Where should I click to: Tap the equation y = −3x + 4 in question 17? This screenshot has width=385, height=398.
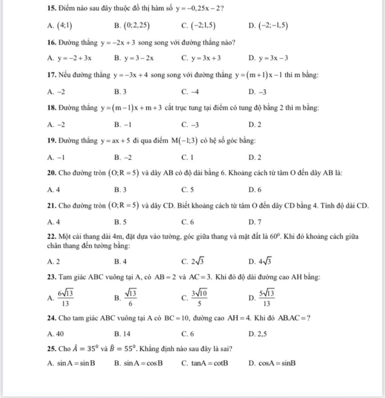click(x=130, y=75)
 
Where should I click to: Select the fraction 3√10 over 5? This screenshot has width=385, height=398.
click(x=198, y=298)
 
